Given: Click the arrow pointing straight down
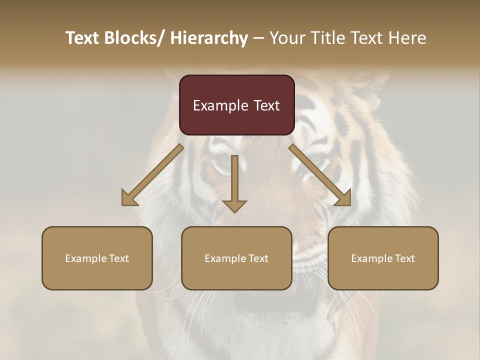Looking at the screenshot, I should point(234,185).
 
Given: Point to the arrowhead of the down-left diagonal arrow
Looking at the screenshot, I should point(129,198).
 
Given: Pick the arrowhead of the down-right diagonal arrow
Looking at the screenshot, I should point(343,198).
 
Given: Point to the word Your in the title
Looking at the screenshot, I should point(287,38).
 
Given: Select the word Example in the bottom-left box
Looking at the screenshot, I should point(86,258).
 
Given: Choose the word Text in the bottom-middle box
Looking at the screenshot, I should point(258,258).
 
